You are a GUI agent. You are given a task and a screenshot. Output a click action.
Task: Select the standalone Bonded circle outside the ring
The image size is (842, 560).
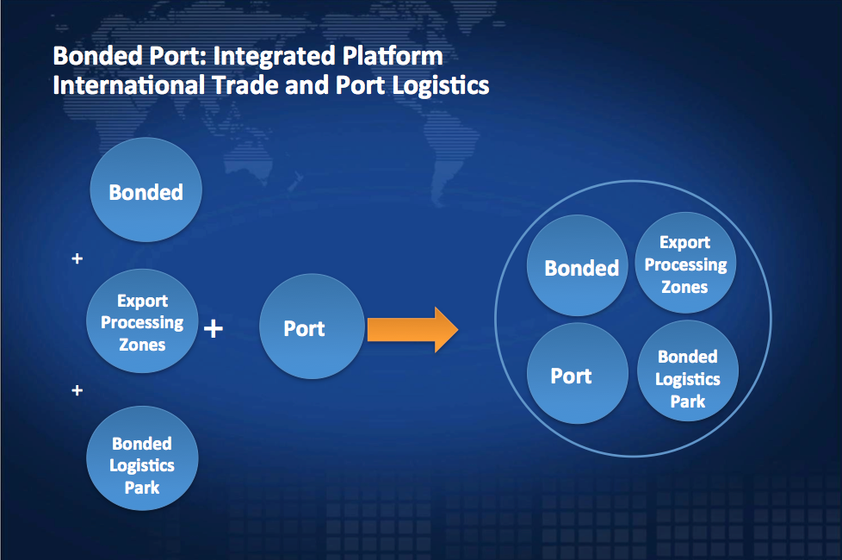coord(146,192)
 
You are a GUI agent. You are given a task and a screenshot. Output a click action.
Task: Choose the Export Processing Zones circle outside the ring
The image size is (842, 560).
coord(143,321)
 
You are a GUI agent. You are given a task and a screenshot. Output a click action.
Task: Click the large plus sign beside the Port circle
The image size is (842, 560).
coord(214,328)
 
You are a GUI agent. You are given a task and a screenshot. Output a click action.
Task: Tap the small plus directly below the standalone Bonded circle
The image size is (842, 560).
coord(77,258)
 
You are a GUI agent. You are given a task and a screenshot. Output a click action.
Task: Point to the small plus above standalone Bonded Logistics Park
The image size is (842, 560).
coord(77,390)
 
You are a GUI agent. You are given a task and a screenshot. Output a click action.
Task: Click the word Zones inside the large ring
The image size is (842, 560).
coord(684,287)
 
